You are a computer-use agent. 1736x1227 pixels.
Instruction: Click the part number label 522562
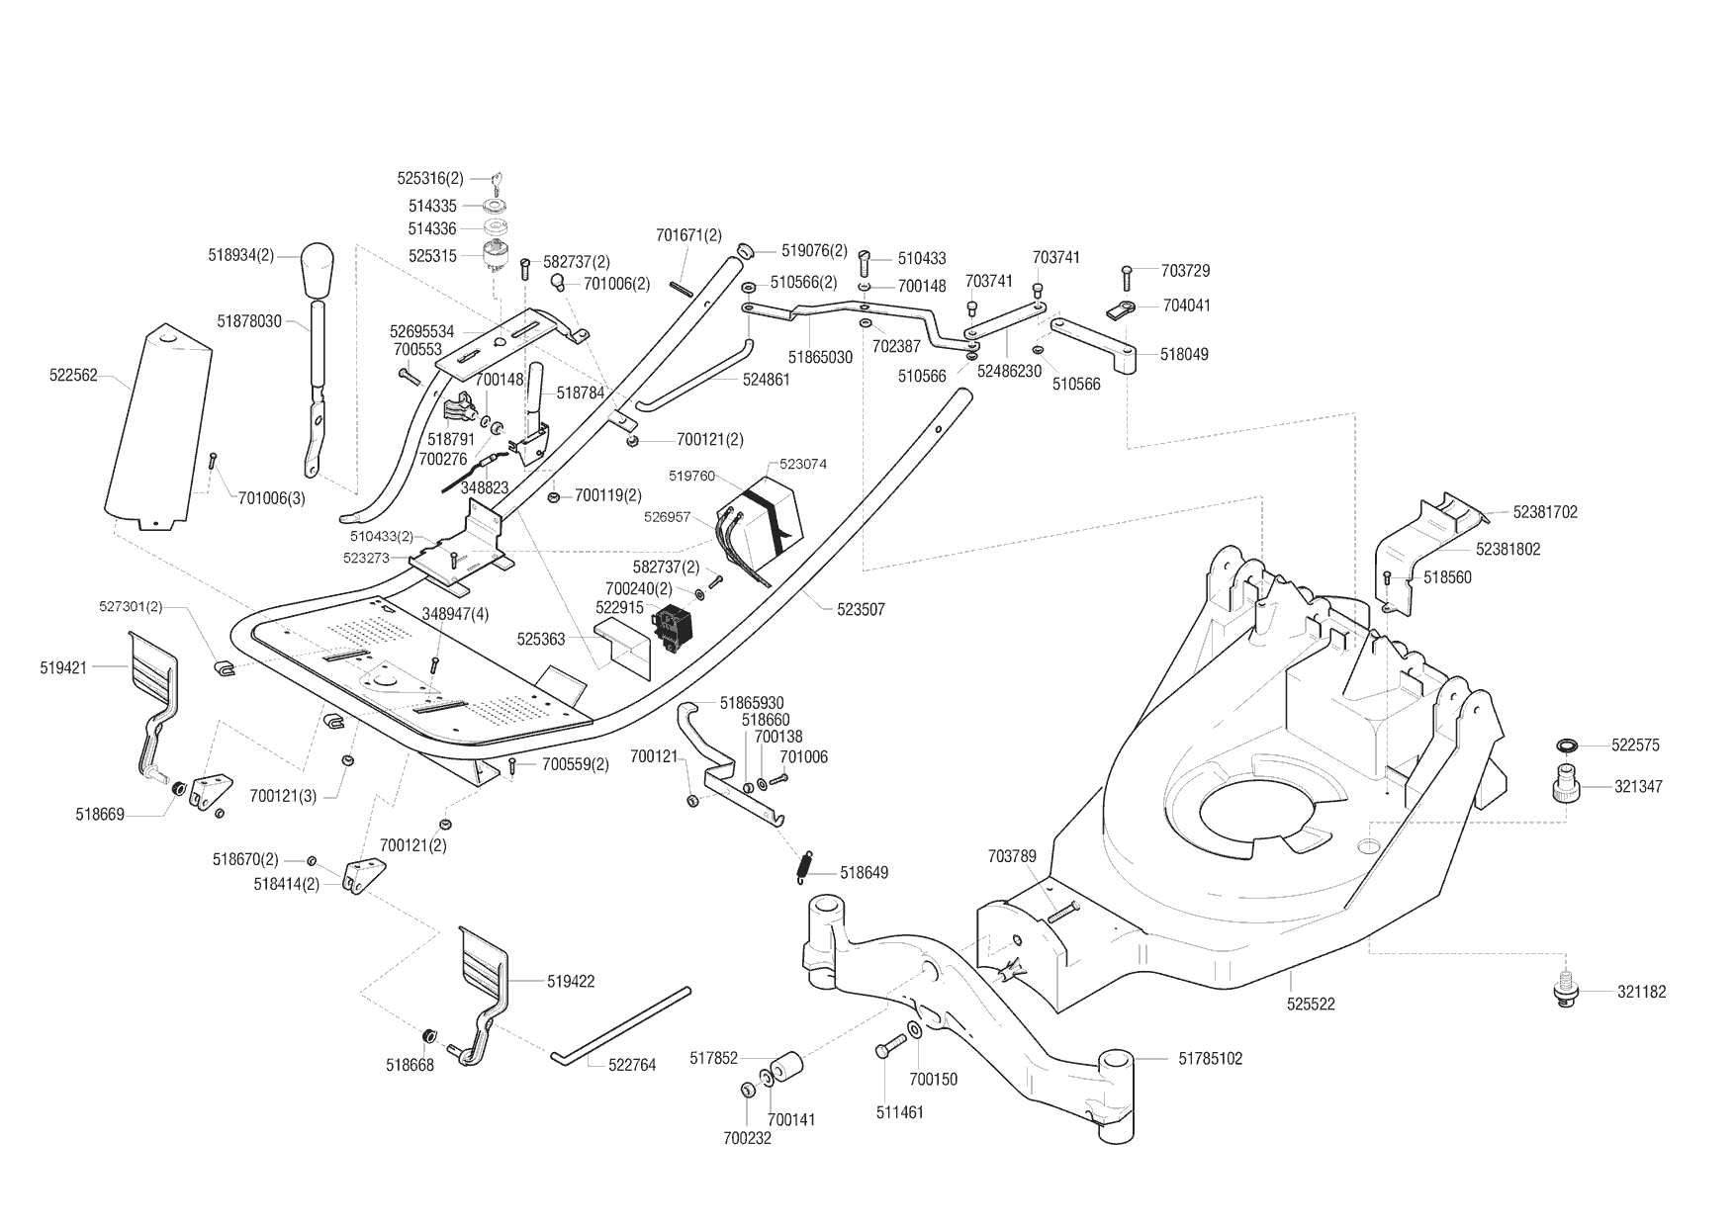[x=73, y=376]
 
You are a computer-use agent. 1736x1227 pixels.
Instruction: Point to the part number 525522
[x=1311, y=1005]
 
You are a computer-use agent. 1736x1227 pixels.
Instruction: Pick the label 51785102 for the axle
[x=1210, y=1059]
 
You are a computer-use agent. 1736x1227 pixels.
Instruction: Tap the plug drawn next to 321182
[x=1563, y=992]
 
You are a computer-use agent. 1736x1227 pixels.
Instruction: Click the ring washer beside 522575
[x=1567, y=745]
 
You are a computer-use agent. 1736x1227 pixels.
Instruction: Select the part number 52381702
[x=1545, y=512]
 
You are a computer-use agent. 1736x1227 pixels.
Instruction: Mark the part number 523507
[x=861, y=611]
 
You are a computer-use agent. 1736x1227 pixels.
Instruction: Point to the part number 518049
[x=1183, y=354]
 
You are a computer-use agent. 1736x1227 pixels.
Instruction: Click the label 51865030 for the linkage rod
[x=820, y=357]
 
